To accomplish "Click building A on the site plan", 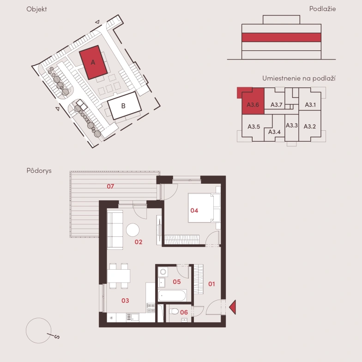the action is pos(93,62).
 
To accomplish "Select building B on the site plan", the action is pos(125,105).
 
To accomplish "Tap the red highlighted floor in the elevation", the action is pos(281,37).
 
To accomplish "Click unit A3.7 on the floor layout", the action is pos(276,105).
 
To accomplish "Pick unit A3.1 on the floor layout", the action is pos(310,104).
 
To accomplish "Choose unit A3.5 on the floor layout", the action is pos(254,127).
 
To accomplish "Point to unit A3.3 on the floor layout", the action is pos(292,126).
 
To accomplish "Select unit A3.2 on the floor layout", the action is pos(309,127).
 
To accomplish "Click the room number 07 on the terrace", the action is pos(110,187).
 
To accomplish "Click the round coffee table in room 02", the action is pos(133,230).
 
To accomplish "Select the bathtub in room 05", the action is pos(172,296).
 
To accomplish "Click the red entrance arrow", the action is pos(233,307).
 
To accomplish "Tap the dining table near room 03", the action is pos(118,276).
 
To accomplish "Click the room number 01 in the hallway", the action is pos(211,284).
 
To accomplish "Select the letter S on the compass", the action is pos(57,337).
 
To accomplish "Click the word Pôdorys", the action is pos(39,171).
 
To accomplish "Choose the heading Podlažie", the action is pos(322,9).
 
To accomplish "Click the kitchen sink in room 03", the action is pos(133,317).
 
